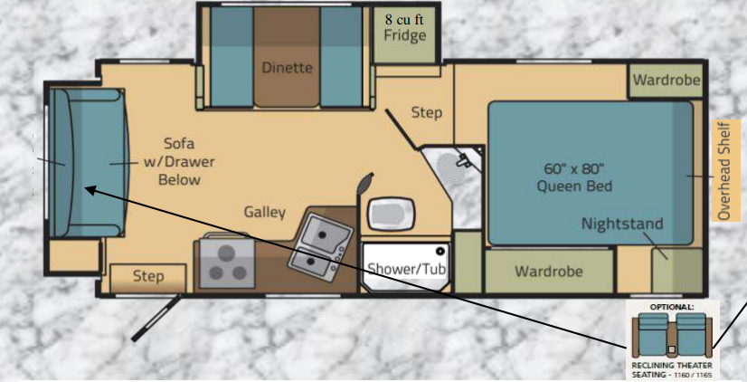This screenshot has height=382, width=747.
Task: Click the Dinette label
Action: point(287,67)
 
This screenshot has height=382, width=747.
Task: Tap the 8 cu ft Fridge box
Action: point(404,34)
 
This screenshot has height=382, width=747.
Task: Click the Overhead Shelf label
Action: point(724,170)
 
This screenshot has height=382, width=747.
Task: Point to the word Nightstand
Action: point(622,224)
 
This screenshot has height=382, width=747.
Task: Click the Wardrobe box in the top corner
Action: point(666,81)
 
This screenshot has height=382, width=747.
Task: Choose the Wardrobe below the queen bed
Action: point(549,271)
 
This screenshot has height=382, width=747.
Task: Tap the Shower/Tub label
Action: point(406,269)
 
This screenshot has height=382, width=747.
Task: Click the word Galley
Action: point(265,212)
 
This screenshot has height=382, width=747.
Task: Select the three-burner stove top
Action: point(227,263)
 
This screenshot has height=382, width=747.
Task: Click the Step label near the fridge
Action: point(426,113)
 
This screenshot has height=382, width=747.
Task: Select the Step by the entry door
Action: point(148,276)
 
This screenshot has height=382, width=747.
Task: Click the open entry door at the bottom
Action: point(156,318)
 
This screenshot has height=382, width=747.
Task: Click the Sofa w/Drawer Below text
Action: point(179,161)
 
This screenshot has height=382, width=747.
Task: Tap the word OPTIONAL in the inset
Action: point(672,307)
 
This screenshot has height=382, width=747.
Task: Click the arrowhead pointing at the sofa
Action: point(90,190)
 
